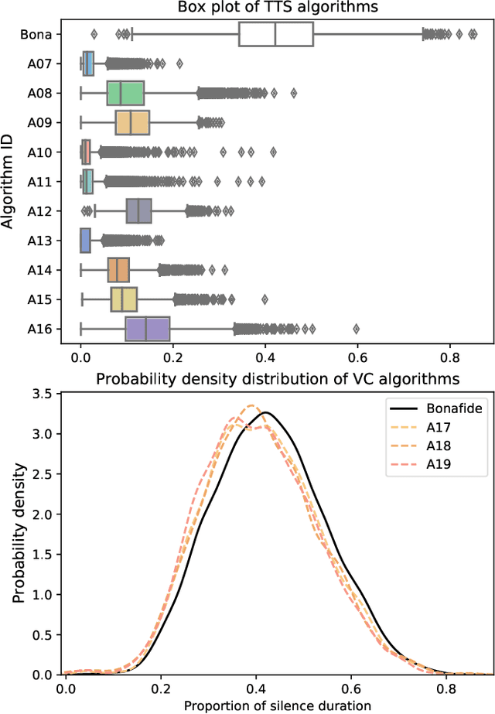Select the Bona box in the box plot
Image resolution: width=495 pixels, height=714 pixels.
tap(276, 35)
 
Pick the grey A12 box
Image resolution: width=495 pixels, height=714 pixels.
tap(138, 210)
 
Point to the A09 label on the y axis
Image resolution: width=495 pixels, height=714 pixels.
tap(39, 123)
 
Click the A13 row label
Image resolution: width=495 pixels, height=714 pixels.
tap(39, 241)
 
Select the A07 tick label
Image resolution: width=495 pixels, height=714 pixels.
tap(39, 64)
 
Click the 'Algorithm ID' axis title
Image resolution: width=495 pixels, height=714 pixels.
tap(9, 182)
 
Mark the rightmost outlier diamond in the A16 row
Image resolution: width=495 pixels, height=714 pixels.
tap(357, 329)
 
